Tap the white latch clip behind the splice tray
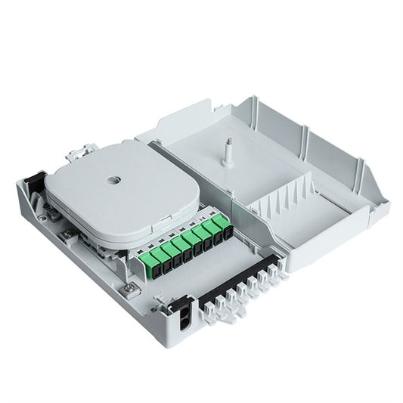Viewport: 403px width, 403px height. coord(75,155)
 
